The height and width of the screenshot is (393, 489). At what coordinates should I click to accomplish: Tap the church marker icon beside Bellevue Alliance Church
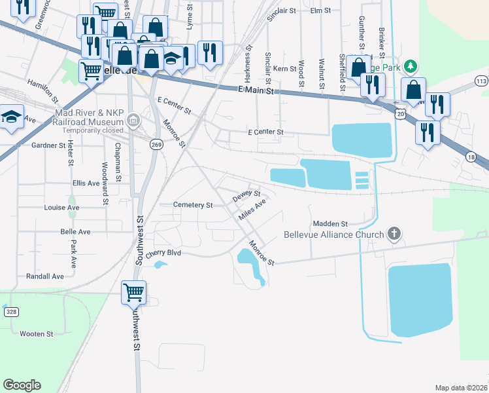coord(394,233)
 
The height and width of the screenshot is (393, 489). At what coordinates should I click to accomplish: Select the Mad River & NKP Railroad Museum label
coord(90,117)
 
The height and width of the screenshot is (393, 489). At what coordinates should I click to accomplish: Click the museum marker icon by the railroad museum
coord(133,120)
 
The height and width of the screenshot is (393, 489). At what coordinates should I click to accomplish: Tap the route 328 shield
coord(11,312)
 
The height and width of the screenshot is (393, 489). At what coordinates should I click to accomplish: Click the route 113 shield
coord(482,81)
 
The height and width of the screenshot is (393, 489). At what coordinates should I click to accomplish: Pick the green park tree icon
coord(410,66)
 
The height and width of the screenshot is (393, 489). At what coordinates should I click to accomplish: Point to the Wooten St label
coord(36,334)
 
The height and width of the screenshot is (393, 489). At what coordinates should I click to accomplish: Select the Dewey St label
coord(246,195)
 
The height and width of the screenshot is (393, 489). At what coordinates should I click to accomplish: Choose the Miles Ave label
coord(252,210)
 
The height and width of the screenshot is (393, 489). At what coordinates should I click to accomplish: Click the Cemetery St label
coord(193,205)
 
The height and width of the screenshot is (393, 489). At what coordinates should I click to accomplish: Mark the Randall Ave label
coord(45,276)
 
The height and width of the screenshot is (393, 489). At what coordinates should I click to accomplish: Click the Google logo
coord(22,385)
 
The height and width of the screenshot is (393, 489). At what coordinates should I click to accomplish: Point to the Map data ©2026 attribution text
coord(460,388)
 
